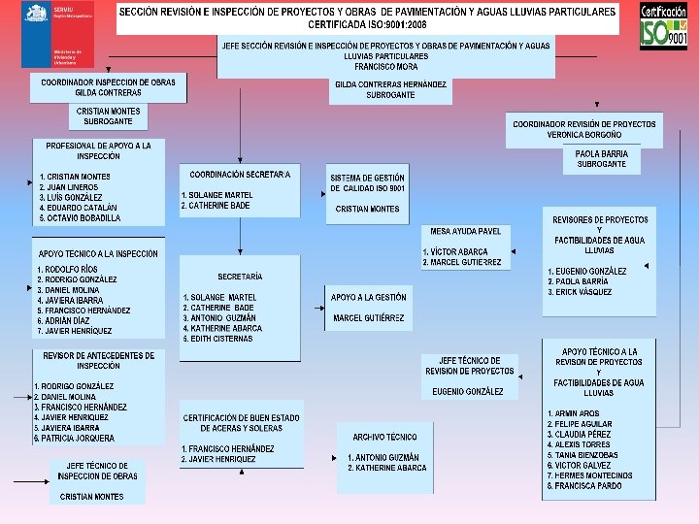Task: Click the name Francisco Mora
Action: [x=385, y=67]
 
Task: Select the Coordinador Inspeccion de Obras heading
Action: [x=108, y=82]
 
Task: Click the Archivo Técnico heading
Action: [x=384, y=438]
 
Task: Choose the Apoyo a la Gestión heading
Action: [x=368, y=297]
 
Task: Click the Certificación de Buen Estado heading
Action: [x=241, y=423]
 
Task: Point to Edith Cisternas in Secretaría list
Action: [x=223, y=339]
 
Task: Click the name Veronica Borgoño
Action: [x=584, y=135]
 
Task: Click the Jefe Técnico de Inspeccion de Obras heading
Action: [x=97, y=471]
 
